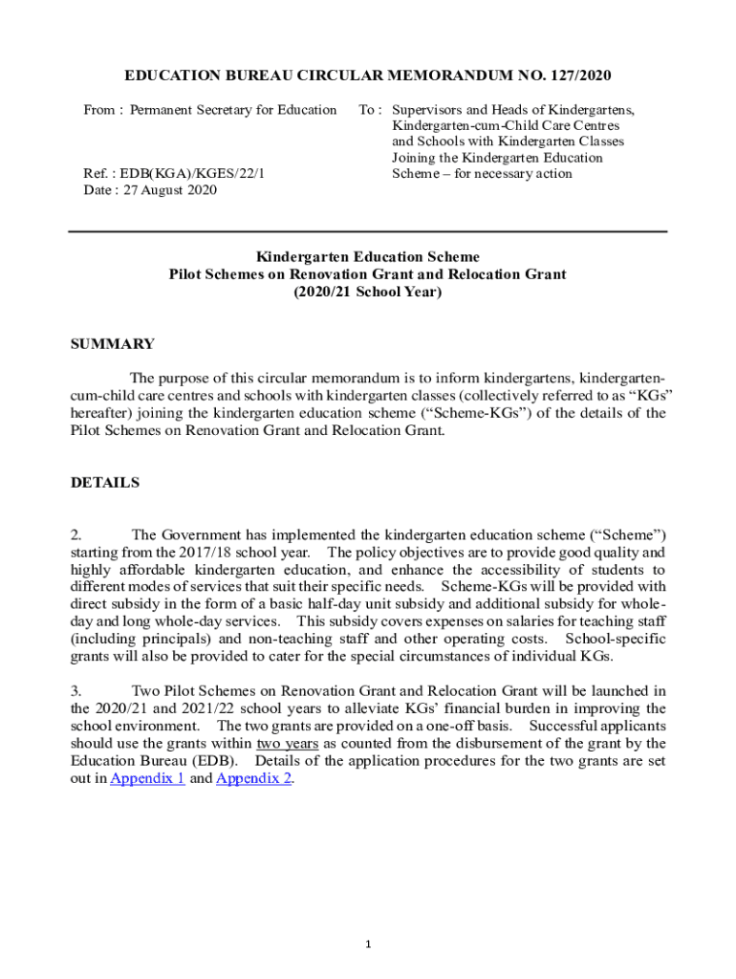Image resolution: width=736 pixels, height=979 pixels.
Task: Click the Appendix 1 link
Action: click(147, 778)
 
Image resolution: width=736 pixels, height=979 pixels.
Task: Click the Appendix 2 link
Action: click(254, 778)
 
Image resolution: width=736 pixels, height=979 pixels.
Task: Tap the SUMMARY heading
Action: click(112, 344)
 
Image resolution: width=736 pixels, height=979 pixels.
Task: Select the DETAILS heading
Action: click(105, 483)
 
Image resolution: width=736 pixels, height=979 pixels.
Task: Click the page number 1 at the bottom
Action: click(368, 945)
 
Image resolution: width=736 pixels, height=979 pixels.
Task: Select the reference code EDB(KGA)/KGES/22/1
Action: click(178, 173)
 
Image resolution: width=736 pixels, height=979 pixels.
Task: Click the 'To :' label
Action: click(371, 110)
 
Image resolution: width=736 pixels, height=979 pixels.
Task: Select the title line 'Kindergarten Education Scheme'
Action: click(368, 257)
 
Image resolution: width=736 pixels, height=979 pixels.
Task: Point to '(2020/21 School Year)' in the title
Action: click(368, 292)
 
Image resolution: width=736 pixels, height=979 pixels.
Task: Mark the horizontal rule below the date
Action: click(368, 231)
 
